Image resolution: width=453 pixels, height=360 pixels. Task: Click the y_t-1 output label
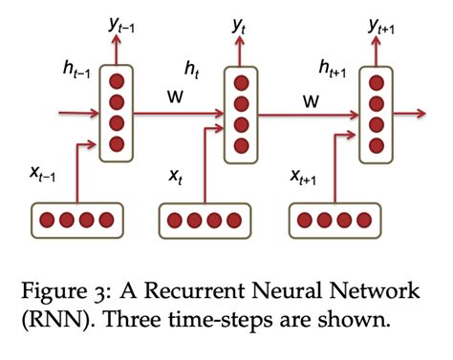click(x=119, y=27)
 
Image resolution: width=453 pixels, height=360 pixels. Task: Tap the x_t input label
click(x=176, y=176)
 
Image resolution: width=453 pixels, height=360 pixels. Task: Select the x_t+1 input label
click(x=306, y=176)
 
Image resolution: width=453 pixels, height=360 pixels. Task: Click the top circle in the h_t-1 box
click(x=118, y=81)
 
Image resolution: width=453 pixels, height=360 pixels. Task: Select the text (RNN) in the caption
click(x=59, y=320)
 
